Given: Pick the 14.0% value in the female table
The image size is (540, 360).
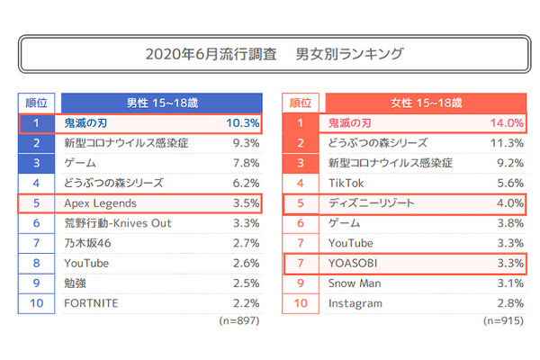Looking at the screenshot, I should click(507, 122).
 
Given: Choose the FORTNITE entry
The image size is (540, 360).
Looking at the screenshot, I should click(91, 303).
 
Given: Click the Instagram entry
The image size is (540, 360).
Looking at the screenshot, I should click(355, 303).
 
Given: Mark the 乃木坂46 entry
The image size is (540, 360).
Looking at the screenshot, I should click(88, 243).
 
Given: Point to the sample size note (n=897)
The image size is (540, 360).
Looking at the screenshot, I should click(238, 320).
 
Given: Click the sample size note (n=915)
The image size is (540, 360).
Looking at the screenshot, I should click(503, 320).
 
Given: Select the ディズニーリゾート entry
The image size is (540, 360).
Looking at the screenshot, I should click(372, 202).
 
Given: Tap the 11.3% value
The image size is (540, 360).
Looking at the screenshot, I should click(507, 142).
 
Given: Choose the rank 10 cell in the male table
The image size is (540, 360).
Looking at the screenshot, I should click(36, 303).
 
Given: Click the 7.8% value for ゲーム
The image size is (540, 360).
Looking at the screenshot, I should click(246, 163).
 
